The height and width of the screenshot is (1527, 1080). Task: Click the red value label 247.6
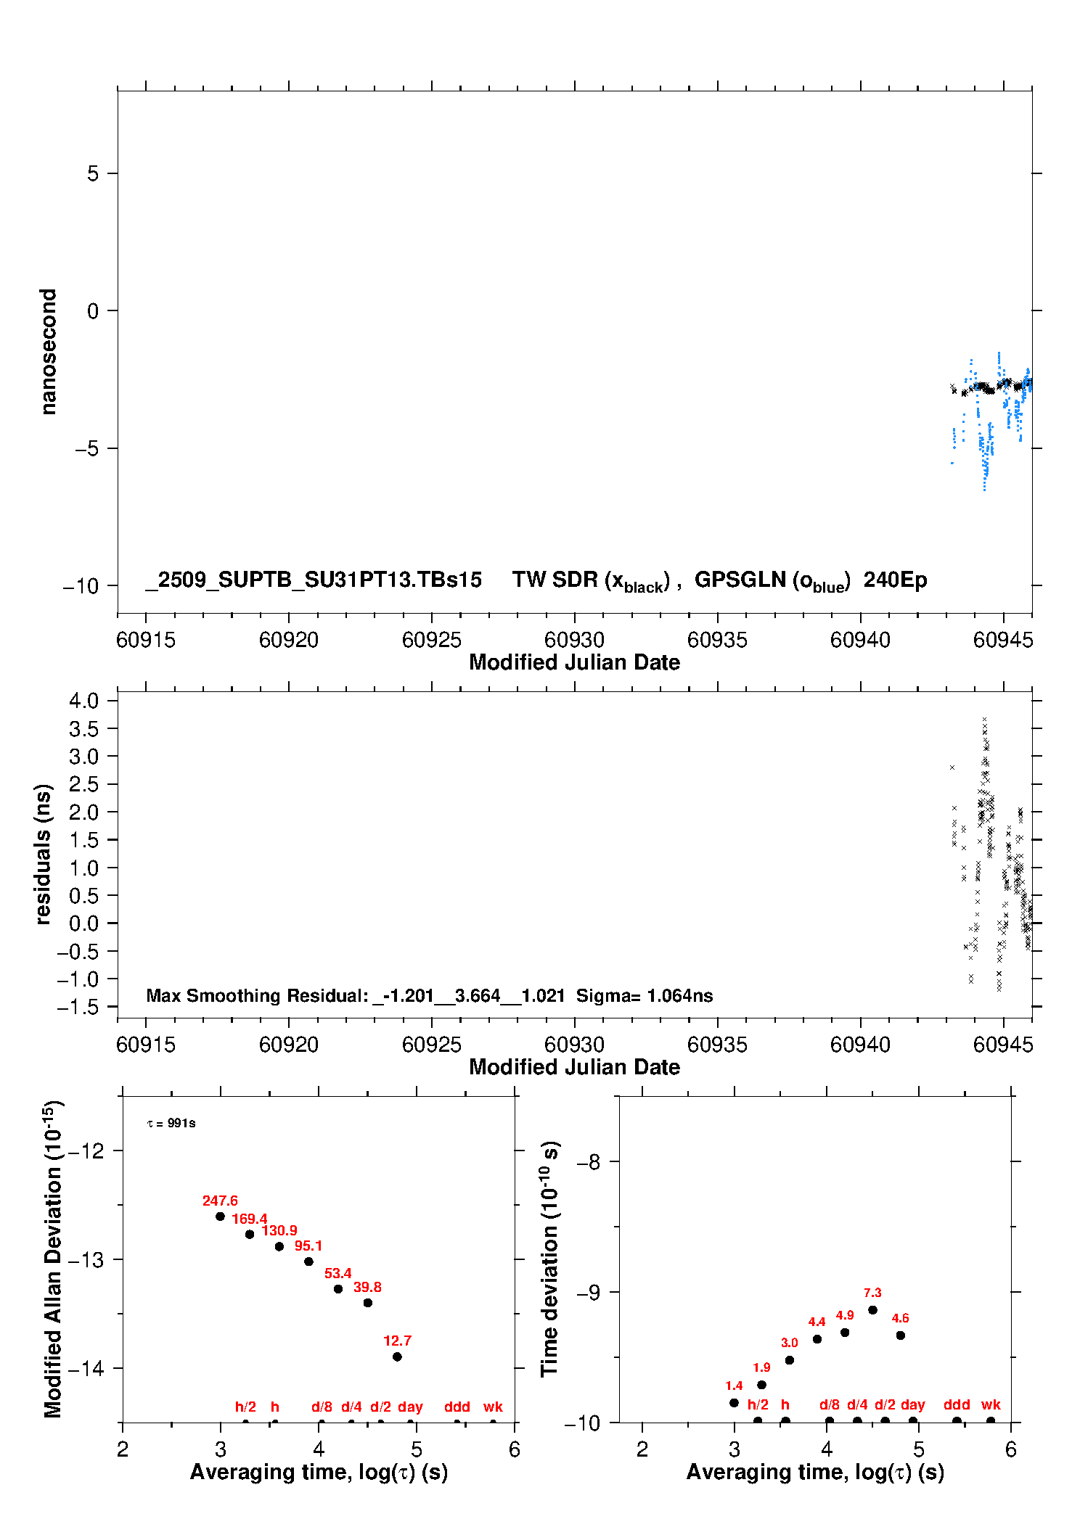[220, 1201]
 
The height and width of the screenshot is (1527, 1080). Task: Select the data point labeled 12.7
[397, 1357]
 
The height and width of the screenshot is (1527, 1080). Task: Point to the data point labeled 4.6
[901, 1335]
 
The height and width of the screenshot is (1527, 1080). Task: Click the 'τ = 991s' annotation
[171, 1124]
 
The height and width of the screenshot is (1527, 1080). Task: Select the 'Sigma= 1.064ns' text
[645, 996]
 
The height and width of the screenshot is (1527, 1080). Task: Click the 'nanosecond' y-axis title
[48, 351]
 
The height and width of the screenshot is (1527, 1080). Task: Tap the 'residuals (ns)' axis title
[43, 854]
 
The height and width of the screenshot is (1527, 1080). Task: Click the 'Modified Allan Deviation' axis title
[52, 1259]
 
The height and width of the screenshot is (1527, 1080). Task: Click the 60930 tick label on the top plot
[574, 641]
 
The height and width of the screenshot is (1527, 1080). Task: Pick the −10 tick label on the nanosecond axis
[81, 586]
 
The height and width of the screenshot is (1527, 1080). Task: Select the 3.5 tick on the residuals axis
[83, 729]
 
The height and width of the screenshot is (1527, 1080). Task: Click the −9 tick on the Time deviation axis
[588, 1293]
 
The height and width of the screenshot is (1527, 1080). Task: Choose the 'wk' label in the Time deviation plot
[991, 1405]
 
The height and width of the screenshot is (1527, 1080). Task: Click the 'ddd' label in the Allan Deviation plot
[457, 1407]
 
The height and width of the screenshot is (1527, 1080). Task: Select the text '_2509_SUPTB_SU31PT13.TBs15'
[314, 580]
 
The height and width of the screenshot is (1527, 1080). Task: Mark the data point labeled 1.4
[734, 1403]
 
